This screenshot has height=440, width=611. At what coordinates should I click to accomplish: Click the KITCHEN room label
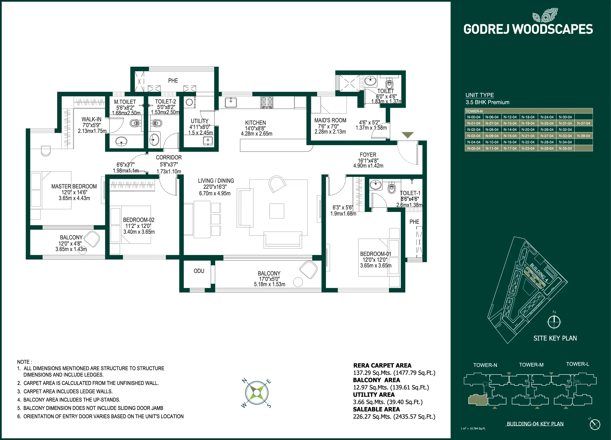[x=255, y=123]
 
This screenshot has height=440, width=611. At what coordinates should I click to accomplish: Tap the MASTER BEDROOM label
[x=74, y=186]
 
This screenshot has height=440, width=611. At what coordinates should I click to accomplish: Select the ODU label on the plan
[x=199, y=271]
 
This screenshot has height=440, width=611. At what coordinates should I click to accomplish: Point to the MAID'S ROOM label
[x=330, y=120]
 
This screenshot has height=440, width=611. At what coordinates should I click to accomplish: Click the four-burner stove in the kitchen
[x=267, y=103]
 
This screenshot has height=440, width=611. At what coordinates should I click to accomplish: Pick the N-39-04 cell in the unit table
[x=584, y=136]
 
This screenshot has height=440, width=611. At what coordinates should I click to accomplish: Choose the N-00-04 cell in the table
[x=474, y=117]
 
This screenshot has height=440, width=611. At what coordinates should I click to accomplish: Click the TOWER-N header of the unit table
[x=474, y=111]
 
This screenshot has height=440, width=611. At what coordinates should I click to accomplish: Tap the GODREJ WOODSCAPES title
[x=528, y=29]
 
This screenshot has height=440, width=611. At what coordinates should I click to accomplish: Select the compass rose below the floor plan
[x=257, y=393]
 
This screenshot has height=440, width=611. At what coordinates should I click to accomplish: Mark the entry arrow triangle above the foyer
[x=407, y=135]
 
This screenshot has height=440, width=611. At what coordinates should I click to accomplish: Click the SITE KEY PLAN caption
[x=555, y=338]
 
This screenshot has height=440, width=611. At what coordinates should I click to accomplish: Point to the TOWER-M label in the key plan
[x=531, y=365]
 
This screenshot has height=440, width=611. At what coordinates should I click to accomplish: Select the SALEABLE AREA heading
[x=376, y=409]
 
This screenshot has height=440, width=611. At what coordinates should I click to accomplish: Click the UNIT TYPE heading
[x=480, y=95]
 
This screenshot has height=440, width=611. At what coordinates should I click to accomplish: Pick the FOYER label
[x=368, y=155]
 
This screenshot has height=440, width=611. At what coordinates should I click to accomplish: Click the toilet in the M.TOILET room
[x=135, y=123]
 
